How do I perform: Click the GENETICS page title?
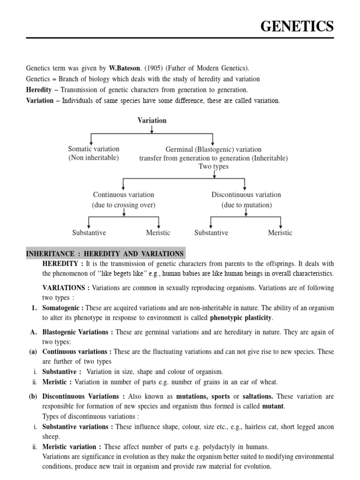297,27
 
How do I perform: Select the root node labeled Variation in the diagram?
152,120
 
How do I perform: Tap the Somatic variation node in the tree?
94,149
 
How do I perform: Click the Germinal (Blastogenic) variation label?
213,150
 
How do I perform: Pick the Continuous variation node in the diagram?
123,195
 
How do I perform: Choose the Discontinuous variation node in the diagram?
246,195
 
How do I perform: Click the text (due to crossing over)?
123,205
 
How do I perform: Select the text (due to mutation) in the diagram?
247,205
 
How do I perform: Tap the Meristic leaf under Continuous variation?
158,232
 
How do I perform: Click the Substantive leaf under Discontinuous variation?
211,232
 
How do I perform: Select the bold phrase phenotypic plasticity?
241,318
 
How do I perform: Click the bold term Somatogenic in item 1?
62,307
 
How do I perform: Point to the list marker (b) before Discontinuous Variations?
33,396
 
